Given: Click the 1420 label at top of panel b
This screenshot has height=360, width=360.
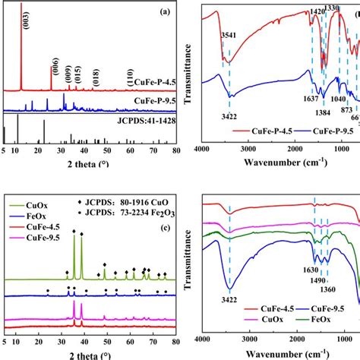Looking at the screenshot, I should (317, 13).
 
